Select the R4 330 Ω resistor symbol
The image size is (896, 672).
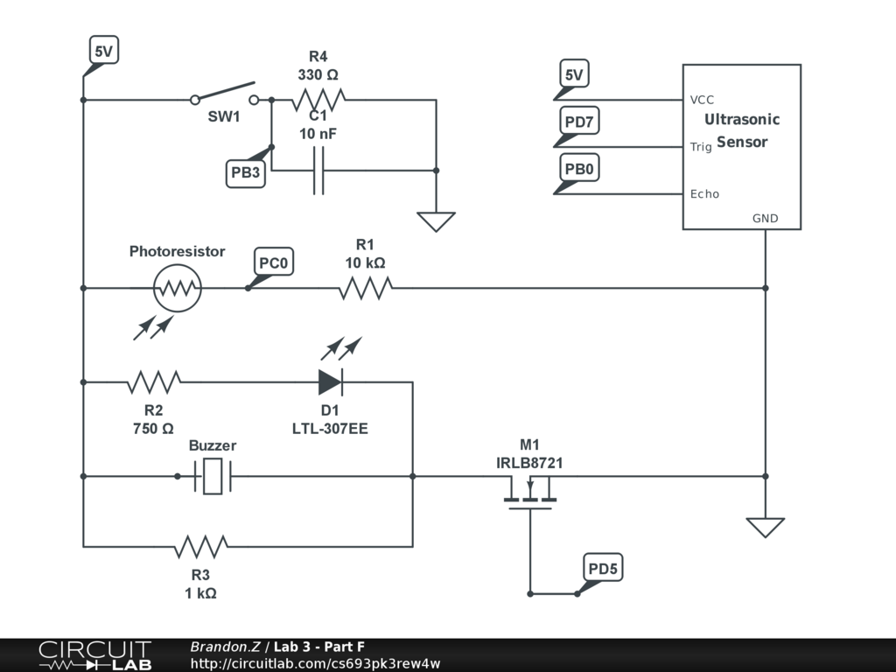[x=318, y=100]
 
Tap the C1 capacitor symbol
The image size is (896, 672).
[x=318, y=170]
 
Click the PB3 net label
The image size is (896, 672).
[x=245, y=172]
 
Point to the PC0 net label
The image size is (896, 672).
[x=274, y=262]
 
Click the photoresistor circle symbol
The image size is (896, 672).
[x=178, y=287]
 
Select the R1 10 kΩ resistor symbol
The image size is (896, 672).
[x=365, y=287]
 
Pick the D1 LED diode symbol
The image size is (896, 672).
[x=330, y=381]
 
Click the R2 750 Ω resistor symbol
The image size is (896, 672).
[x=154, y=381]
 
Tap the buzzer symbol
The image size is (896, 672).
[x=213, y=476]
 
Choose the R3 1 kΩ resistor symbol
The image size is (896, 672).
[x=200, y=547]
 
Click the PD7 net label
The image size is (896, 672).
[x=578, y=122]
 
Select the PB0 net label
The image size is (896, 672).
[x=578, y=169]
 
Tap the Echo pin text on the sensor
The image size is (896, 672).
[x=704, y=193]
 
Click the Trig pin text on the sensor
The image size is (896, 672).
[x=701, y=147]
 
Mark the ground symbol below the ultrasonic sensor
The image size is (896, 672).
[x=765, y=528]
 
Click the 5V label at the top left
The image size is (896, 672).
[x=103, y=52]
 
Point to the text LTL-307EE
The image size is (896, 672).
[x=330, y=429]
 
